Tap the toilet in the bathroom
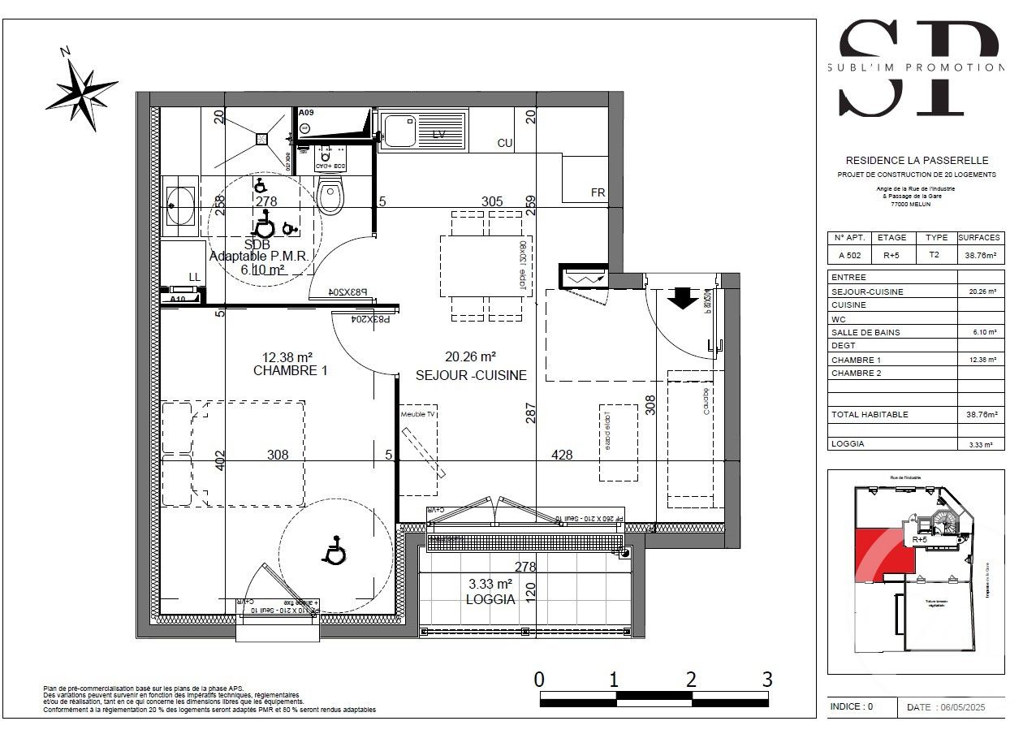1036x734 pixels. point(331,197)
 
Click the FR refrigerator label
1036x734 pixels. point(598,193)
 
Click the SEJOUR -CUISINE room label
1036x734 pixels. point(471,375)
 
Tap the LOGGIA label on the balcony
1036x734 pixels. point(490,599)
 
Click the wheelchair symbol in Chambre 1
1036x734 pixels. point(334,552)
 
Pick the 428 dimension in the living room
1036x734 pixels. point(562,455)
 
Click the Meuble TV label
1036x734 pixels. point(418,414)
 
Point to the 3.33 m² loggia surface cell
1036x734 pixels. point(981,444)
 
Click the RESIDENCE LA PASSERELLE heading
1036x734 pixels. point(916,161)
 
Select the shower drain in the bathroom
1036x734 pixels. point(262,138)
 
